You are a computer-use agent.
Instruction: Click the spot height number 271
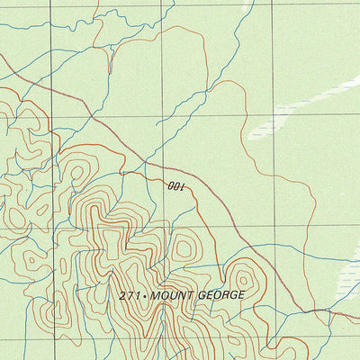point(130,295)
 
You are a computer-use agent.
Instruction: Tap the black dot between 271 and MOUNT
point(145,295)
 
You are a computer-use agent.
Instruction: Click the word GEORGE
point(218,295)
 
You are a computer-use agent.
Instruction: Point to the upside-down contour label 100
point(175,186)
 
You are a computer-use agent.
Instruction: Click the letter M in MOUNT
point(155,295)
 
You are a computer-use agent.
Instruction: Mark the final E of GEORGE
point(240,295)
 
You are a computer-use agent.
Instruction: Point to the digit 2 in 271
point(122,295)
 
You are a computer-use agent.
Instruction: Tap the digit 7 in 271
point(130,295)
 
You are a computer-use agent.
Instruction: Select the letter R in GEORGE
point(222,295)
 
